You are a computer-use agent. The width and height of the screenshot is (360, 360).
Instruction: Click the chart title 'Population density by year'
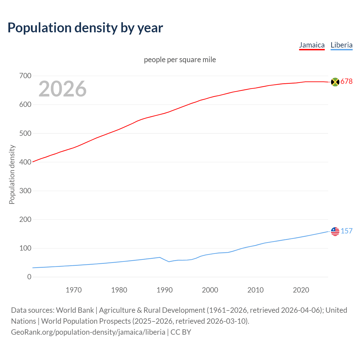(x=85, y=28)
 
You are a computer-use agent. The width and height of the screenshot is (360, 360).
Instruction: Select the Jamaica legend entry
(x=312, y=45)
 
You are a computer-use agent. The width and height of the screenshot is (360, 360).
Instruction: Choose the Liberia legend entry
(x=341, y=45)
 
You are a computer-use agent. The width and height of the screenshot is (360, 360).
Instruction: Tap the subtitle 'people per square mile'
(x=180, y=60)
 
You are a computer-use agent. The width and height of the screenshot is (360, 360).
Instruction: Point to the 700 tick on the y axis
(x=25, y=76)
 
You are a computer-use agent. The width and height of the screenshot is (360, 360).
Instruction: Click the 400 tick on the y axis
(x=25, y=162)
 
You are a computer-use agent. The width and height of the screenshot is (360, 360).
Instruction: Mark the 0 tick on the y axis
(x=29, y=277)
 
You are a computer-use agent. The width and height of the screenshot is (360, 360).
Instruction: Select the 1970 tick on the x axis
(x=74, y=290)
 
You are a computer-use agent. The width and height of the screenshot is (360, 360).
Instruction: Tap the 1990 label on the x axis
(x=165, y=290)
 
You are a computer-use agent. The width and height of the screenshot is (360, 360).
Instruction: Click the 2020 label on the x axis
(x=301, y=290)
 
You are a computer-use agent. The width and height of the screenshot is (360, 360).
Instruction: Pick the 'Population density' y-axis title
(x=12, y=174)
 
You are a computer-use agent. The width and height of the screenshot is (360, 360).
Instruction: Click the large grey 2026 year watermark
(x=62, y=89)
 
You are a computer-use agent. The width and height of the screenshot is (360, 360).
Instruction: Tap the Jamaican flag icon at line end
(x=335, y=82)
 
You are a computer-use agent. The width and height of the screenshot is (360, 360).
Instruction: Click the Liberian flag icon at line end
(x=335, y=231)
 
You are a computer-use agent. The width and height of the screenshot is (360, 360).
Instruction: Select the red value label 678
(x=346, y=82)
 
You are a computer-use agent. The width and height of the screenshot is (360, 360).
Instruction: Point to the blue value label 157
(x=346, y=231)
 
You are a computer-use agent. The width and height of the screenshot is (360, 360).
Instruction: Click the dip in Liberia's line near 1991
(x=169, y=262)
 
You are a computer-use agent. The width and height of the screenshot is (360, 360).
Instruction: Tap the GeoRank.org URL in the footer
(x=88, y=332)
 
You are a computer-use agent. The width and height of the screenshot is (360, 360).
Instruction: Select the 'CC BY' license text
(x=181, y=332)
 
